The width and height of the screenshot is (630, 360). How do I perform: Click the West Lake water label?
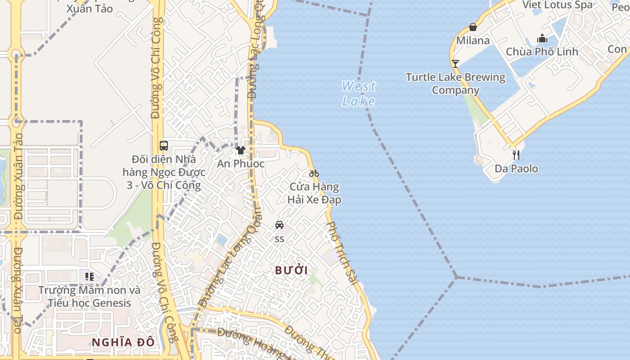359,94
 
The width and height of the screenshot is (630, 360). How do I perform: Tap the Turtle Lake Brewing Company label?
455,84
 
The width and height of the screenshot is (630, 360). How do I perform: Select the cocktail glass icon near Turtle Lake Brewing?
455,63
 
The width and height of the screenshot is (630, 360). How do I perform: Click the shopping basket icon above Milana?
473,27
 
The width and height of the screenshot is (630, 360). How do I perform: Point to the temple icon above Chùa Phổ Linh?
542,39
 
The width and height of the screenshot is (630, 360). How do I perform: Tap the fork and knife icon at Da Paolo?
516,155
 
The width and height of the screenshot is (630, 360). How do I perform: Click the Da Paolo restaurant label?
516,169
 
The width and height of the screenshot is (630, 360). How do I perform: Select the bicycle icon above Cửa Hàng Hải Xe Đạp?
314,173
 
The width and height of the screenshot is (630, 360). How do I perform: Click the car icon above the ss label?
279,225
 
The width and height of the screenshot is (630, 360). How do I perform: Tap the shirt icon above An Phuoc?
241,150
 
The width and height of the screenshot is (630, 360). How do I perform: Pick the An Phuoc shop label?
241,163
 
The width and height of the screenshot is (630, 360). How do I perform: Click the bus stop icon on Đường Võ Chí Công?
164,146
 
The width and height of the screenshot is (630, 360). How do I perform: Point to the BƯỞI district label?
291,270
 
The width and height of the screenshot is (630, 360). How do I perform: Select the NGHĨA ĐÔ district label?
123,342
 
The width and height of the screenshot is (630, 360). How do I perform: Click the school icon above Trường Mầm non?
89,276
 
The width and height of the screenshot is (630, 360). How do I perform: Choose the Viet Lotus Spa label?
558,5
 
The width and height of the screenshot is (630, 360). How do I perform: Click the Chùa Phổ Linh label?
542,52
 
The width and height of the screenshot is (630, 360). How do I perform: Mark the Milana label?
473,40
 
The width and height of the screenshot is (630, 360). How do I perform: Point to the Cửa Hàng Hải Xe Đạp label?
314,193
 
